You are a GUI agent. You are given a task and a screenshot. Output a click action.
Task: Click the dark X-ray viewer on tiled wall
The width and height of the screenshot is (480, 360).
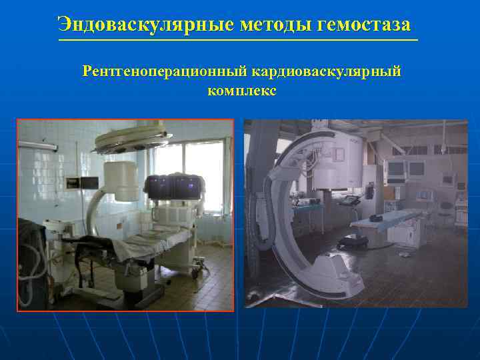[x=72, y=182]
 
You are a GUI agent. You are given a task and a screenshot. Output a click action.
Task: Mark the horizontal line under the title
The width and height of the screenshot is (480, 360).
[x=239, y=41]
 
